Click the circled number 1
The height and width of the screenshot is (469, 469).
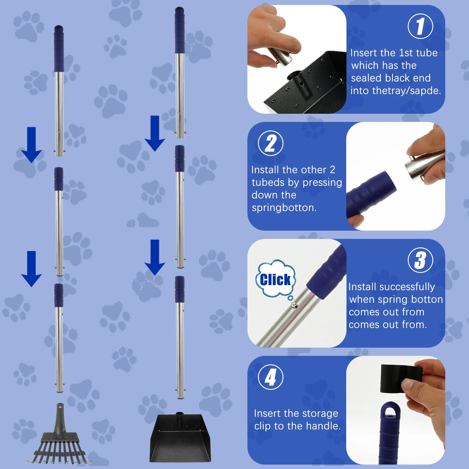420,26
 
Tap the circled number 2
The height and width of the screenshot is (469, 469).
271,143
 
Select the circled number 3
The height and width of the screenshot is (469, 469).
420,260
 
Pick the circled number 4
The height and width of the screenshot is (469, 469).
271,377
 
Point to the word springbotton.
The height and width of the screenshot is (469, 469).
284,208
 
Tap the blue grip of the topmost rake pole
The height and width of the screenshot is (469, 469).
59,48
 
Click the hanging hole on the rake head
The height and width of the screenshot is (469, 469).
60,407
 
